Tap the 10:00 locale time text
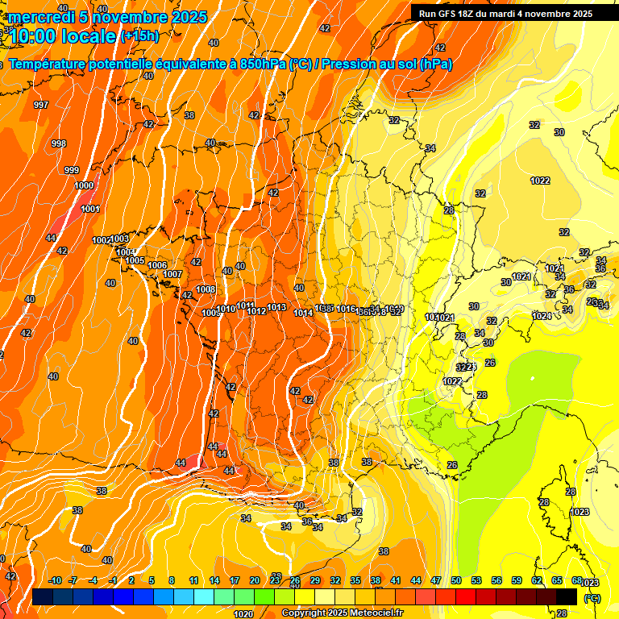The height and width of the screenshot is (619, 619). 63,35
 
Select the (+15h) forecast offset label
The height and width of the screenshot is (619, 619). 139,35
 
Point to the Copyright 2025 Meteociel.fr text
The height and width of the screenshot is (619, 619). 343,613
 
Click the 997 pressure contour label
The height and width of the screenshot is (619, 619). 41,106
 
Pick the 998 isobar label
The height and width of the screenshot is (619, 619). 59,143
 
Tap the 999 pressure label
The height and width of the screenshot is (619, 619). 72,170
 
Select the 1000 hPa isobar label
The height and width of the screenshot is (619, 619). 84,185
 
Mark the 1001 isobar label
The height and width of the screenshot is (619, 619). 90,210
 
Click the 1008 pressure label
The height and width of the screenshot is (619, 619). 206,289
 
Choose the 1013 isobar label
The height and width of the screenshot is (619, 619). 277,307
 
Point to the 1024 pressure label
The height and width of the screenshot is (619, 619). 542,316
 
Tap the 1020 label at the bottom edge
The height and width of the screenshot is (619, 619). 243,614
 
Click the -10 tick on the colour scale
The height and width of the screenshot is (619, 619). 56,580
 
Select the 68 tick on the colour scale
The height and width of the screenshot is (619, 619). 576,580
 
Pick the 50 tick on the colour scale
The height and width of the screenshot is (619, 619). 456,580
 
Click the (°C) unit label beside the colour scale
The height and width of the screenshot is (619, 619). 592,597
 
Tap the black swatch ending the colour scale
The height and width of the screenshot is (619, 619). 567,596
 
